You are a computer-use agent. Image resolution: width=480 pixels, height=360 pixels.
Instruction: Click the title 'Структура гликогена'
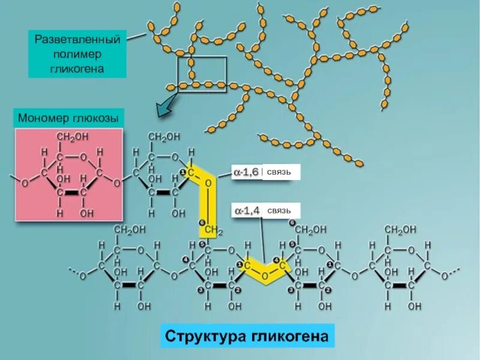tap(247, 337)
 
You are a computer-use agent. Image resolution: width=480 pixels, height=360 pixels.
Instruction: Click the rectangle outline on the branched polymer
tap(202, 75)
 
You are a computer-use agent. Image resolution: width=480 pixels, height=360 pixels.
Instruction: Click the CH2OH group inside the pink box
tap(72, 137)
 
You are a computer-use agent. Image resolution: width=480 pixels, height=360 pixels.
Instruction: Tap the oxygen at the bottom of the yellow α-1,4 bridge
tap(262, 277)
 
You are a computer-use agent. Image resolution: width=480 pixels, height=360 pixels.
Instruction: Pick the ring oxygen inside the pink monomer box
tap(83, 157)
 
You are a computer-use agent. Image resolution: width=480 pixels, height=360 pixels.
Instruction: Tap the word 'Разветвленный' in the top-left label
tap(77, 40)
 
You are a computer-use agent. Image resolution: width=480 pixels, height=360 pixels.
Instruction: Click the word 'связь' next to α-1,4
tap(279, 211)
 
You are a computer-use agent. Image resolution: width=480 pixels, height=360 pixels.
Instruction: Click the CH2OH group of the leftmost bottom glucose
tap(128, 230)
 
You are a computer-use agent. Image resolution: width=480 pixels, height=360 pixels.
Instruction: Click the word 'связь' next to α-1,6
tap(279, 173)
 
